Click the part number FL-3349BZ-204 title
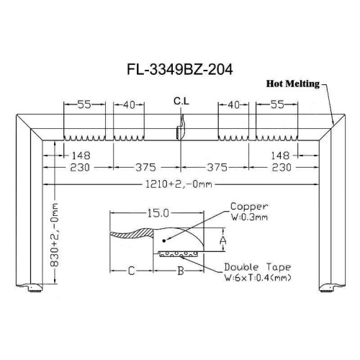180,70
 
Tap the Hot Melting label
293,84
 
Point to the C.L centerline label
181,102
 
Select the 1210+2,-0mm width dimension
179,184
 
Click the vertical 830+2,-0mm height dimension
55,235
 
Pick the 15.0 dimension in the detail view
158,213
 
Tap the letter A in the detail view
223,240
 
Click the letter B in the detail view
181,271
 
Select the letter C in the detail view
131,271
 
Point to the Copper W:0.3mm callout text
249,212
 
